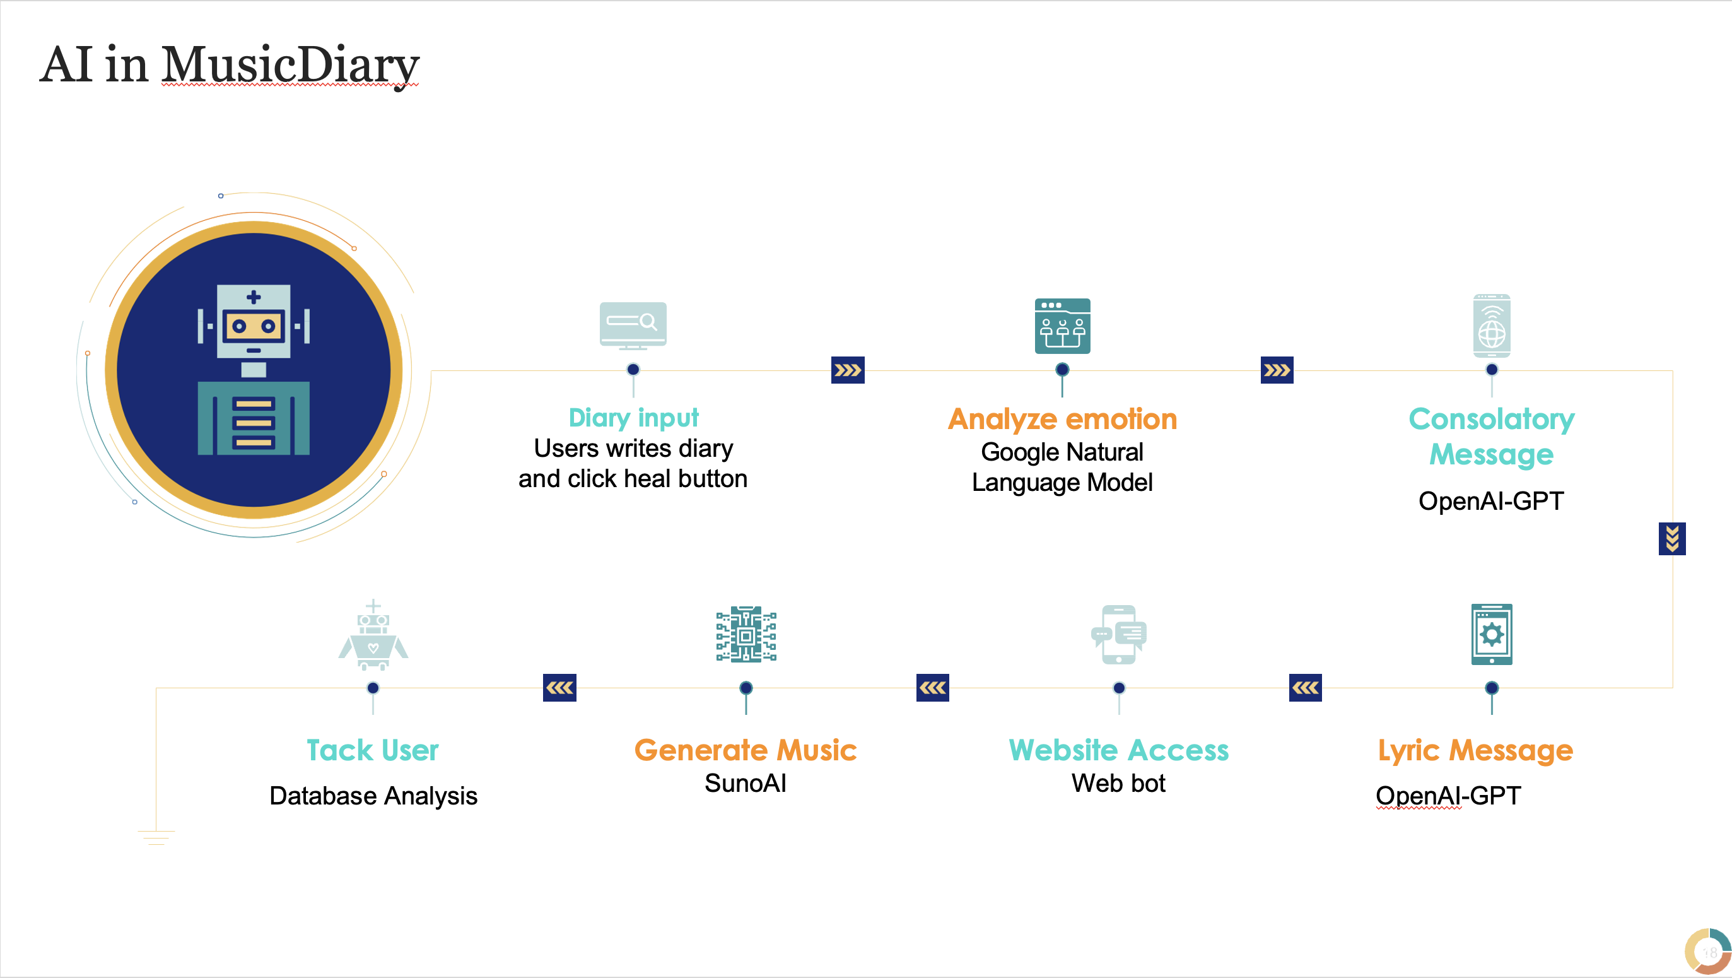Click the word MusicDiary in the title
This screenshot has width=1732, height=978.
point(290,65)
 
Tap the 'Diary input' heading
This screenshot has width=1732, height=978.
point(633,418)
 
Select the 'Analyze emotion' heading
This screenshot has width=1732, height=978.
point(1062,419)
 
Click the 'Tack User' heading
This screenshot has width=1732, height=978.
point(373,750)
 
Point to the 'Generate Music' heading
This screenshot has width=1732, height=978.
point(745,750)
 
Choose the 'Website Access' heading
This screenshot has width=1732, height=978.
point(1118,750)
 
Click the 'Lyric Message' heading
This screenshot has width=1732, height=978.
point(1475,750)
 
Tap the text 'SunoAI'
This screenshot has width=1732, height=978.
point(745,784)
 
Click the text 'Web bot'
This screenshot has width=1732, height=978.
point(1118,784)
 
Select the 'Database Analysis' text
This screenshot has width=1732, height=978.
point(373,796)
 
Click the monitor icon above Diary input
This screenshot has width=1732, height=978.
point(633,325)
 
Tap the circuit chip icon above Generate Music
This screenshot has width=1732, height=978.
point(746,634)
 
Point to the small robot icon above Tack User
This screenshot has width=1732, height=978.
point(373,635)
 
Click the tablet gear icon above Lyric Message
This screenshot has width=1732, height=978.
point(1491,634)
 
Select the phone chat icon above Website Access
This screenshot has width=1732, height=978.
point(1119,634)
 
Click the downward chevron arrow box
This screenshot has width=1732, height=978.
point(1671,539)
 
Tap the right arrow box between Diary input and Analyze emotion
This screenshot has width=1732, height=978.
point(847,370)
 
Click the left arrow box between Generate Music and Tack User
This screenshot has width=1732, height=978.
point(559,687)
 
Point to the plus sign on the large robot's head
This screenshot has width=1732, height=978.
point(254,297)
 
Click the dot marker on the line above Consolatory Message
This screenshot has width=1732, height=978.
point(1491,369)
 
